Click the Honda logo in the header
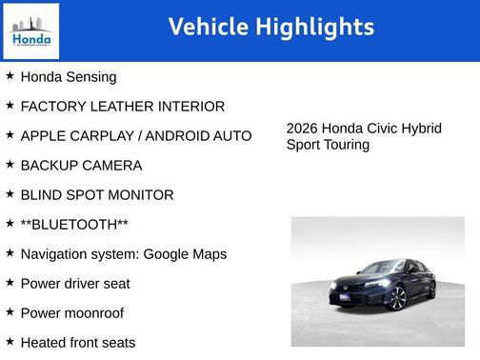[31, 30]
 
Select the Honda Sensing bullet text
[69, 77]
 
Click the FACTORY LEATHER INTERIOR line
[122, 107]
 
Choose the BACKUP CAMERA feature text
[81, 166]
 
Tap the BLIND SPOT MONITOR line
[97, 195]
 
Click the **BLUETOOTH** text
[74, 225]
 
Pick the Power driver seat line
[75, 284]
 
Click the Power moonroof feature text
[71, 313]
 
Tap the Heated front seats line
[78, 343]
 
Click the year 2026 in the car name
[302, 129]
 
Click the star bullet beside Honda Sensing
[10, 76]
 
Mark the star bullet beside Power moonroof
[10, 312]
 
